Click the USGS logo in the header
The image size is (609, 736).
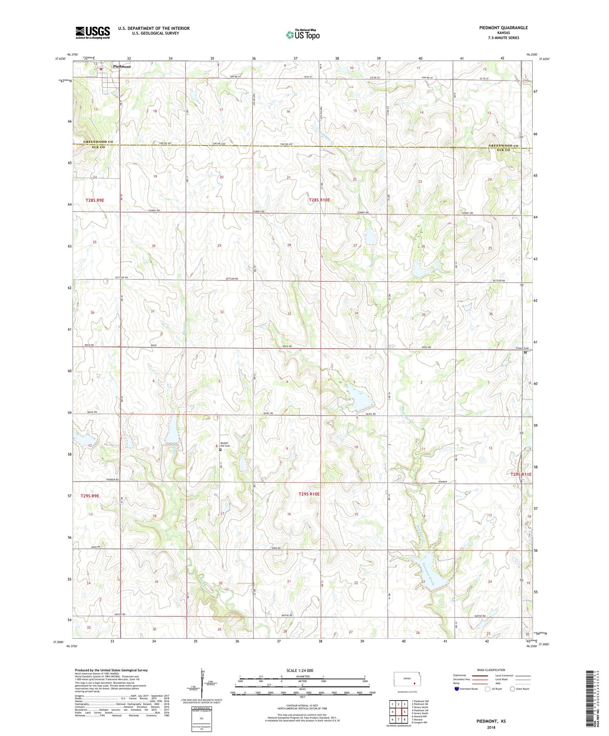pos(93,32)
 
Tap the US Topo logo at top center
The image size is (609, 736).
pos(303,35)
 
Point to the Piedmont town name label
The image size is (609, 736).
pos(122,67)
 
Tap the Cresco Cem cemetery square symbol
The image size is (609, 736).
pos(525,352)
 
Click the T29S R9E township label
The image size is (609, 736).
pos(89,496)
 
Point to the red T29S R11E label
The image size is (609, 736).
pos(521,475)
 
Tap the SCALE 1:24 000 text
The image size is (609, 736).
pos(300,671)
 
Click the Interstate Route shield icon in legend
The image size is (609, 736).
pos(457,689)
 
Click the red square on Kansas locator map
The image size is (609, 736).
pos(414,684)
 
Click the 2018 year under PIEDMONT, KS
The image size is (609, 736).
pos(491,727)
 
